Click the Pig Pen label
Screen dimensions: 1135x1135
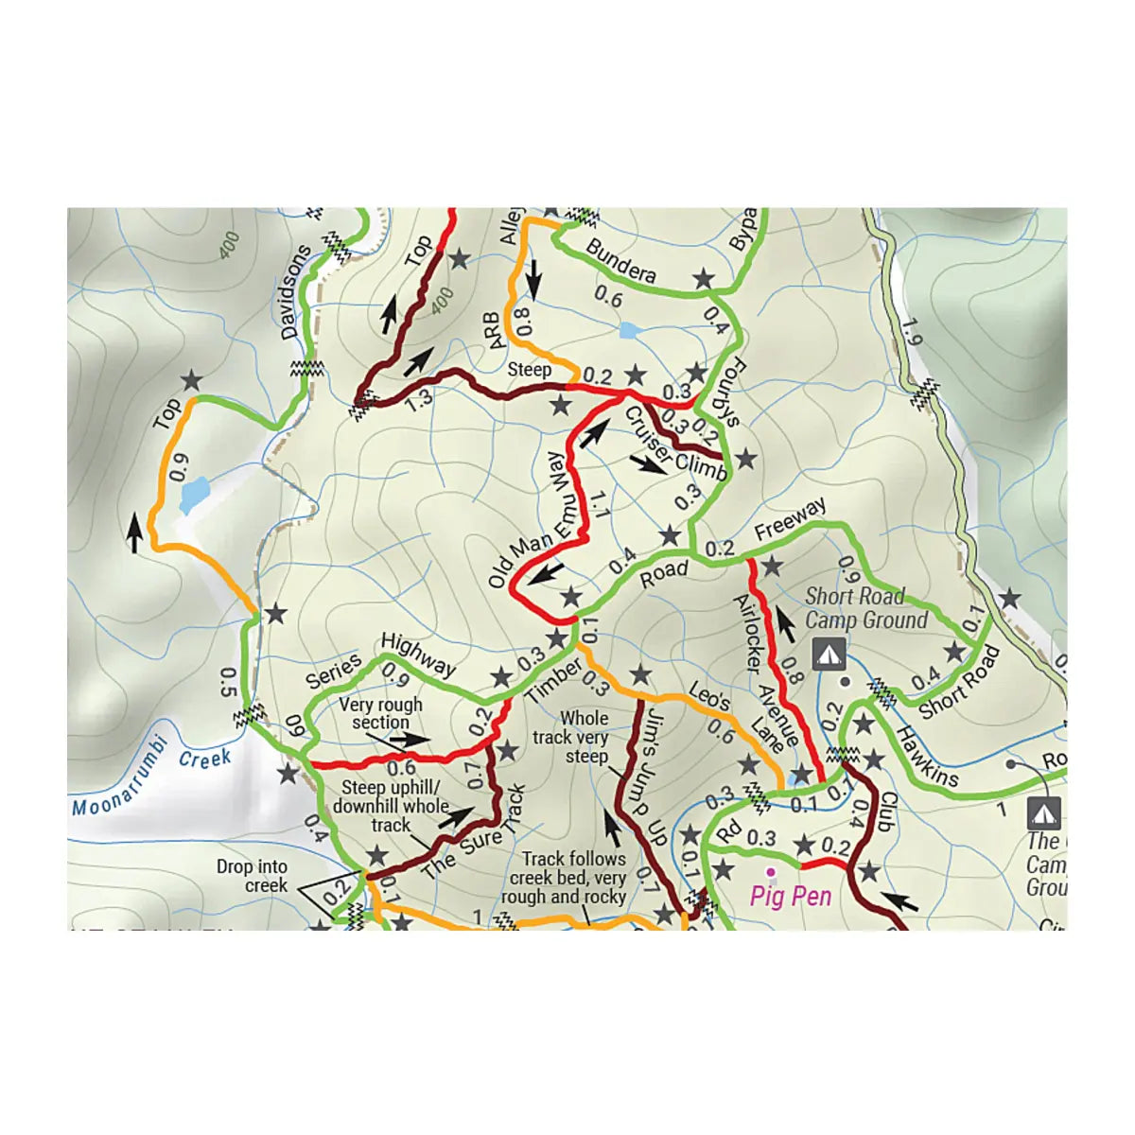(791, 895)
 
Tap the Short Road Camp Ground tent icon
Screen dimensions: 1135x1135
(829, 653)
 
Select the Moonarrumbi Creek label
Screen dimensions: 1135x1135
(151, 776)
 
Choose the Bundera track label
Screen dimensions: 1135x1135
(620, 261)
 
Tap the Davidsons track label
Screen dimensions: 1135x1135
(296, 293)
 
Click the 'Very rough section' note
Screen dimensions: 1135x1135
(380, 713)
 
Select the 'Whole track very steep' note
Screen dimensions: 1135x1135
(585, 737)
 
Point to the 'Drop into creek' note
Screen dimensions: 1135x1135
(252, 876)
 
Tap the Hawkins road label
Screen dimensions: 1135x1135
(926, 757)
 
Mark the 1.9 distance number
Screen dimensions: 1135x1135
(910, 333)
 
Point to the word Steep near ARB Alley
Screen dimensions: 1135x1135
(529, 369)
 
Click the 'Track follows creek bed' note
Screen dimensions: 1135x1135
(573, 877)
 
